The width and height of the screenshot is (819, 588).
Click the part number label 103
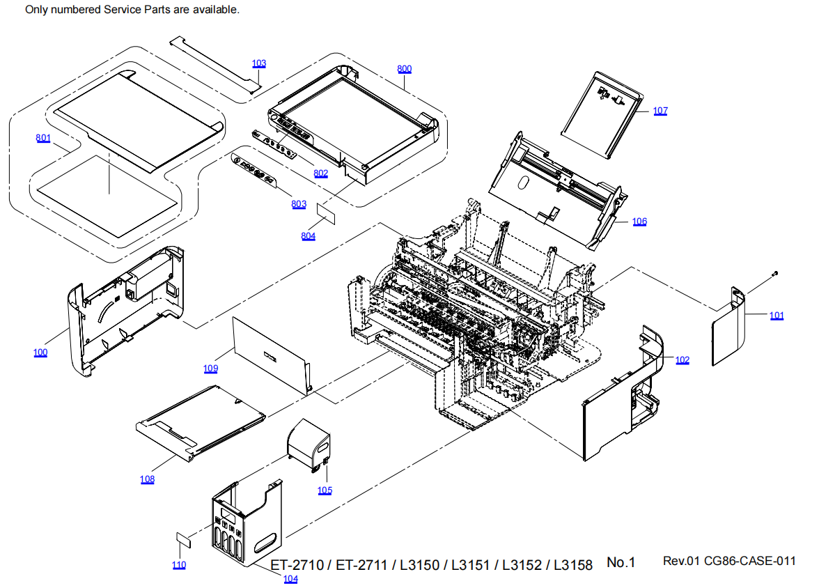coord(259,63)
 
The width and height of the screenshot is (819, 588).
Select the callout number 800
coord(404,69)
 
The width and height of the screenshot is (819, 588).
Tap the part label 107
coord(660,111)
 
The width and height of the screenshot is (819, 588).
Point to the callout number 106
coord(639,222)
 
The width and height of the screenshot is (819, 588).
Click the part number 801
coord(43,138)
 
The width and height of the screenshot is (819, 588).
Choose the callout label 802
coord(320,173)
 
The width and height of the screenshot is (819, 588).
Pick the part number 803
coord(299,204)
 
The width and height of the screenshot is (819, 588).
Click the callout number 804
coord(308,236)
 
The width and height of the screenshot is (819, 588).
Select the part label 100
coord(40,353)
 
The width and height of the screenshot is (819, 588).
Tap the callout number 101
coord(777,316)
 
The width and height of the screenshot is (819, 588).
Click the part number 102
coord(682,359)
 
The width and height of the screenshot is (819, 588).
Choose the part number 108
coord(147,479)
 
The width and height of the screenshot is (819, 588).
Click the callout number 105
coord(325,490)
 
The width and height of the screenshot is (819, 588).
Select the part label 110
coord(179,565)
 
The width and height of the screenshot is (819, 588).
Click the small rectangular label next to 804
coord(327,212)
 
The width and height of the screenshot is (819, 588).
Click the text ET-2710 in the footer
coord(297,565)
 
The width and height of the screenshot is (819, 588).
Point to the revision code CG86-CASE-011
coord(749,562)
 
